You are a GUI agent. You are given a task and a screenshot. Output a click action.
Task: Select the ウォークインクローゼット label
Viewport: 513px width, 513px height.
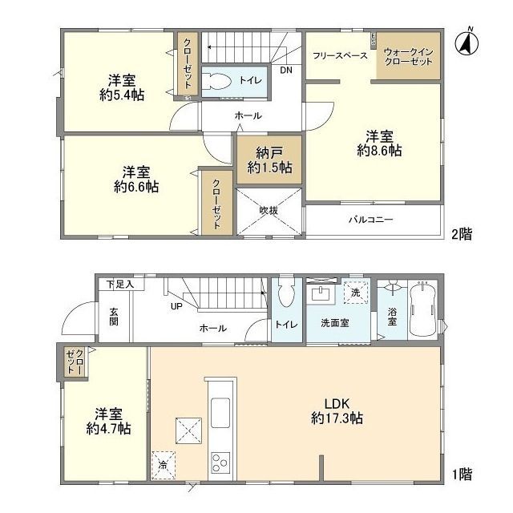409,56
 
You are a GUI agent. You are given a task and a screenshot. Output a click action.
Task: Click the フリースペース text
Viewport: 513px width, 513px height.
340,56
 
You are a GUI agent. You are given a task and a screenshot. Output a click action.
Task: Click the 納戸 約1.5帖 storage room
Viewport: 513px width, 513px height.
268,160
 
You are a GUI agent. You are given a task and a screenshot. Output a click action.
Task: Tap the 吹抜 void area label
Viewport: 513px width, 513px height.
268,211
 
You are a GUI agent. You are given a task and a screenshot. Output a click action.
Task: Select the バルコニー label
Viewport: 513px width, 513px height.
370,218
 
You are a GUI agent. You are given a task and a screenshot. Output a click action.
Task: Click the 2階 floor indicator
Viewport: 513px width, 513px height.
461,234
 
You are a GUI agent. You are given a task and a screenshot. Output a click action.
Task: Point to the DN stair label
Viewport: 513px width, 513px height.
286,71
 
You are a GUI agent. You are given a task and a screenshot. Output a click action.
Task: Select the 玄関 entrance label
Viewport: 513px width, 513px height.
114,317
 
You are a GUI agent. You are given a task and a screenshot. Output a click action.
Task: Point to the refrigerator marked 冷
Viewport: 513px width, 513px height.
163,464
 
